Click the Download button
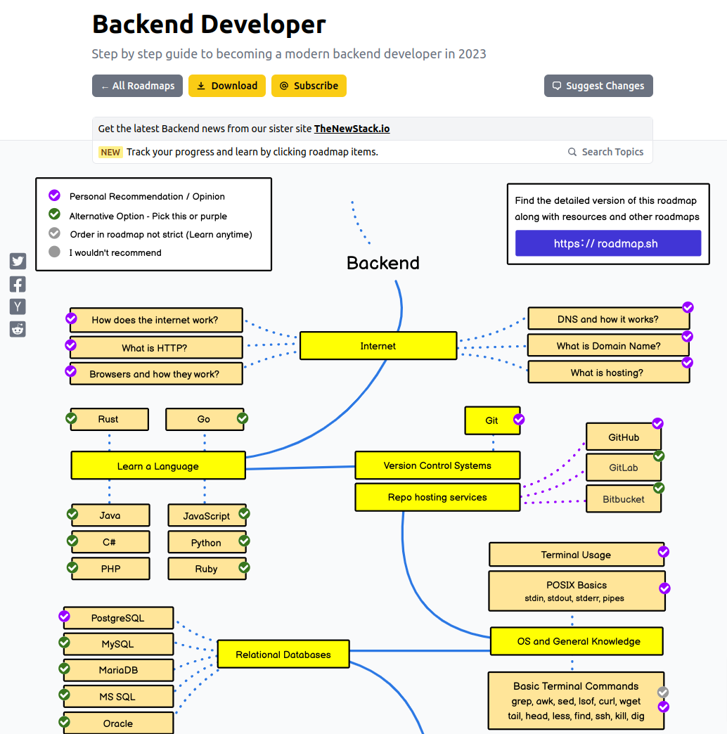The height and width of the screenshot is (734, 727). (226, 86)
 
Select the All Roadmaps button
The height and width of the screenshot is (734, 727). (137, 86)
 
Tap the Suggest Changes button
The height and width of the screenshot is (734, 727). (598, 86)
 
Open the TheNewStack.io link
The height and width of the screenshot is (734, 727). (352, 129)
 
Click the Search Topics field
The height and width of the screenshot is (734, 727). (606, 152)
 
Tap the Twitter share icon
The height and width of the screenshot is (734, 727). (18, 262)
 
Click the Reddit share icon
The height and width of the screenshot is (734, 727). (18, 329)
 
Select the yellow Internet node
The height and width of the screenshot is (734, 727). (378, 346)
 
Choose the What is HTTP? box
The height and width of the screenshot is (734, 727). (155, 347)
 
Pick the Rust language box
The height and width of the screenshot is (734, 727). (109, 419)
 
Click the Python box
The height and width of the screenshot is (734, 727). (207, 543)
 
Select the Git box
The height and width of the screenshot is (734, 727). (491, 420)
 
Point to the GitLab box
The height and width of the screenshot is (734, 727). (623, 468)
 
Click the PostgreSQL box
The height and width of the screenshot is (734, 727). (118, 618)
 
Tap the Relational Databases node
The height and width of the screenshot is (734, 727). (283, 655)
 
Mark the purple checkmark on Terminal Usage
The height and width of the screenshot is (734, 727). (663, 552)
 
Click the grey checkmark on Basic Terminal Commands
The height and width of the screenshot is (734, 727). (663, 693)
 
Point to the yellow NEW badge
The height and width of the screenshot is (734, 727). (110, 152)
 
